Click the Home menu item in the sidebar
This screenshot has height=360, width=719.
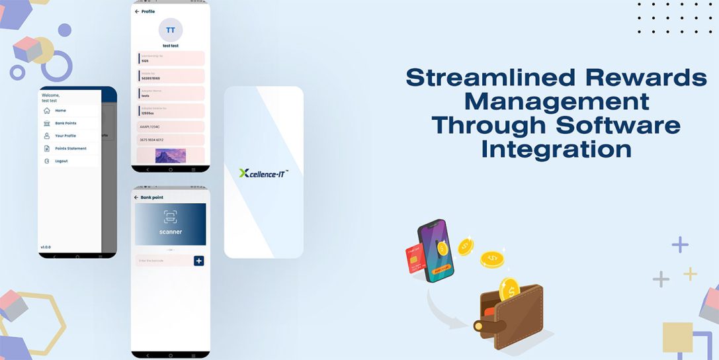60,111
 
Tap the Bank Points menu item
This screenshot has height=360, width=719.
65,123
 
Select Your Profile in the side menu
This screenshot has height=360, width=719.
65,136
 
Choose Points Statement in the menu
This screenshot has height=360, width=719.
70,148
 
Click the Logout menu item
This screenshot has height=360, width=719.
61,161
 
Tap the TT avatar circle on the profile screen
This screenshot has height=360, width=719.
171,30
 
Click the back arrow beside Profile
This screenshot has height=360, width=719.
137,11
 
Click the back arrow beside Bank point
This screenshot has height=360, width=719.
136,197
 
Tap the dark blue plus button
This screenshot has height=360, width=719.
198,261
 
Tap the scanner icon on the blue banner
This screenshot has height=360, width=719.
171,217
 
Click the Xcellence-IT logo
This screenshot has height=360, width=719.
263,173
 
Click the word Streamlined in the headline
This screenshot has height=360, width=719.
484,77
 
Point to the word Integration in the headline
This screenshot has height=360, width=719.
556,149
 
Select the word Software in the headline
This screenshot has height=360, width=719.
618,125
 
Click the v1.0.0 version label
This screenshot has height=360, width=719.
46,247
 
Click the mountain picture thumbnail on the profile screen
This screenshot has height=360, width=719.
171,156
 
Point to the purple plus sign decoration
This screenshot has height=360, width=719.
680,245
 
